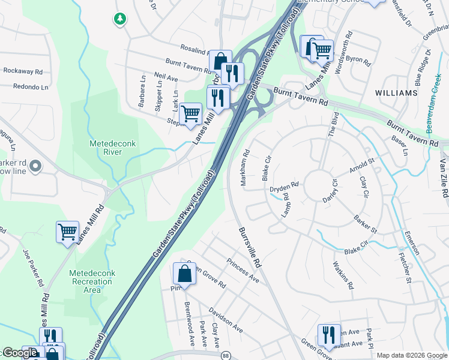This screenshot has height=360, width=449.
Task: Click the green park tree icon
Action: (x=120, y=19)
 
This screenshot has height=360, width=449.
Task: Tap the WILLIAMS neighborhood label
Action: (x=396, y=94)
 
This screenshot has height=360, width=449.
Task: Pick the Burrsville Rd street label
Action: (x=250, y=247)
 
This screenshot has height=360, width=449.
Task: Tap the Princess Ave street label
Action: (x=243, y=271)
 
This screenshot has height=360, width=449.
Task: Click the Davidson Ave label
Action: (x=225, y=320)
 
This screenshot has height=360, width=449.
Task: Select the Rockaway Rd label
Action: (x=23, y=71)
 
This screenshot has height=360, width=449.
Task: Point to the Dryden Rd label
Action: (x=284, y=188)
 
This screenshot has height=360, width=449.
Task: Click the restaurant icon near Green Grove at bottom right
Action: (x=328, y=334)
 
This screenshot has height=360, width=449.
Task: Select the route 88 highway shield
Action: (x=224, y=355)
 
